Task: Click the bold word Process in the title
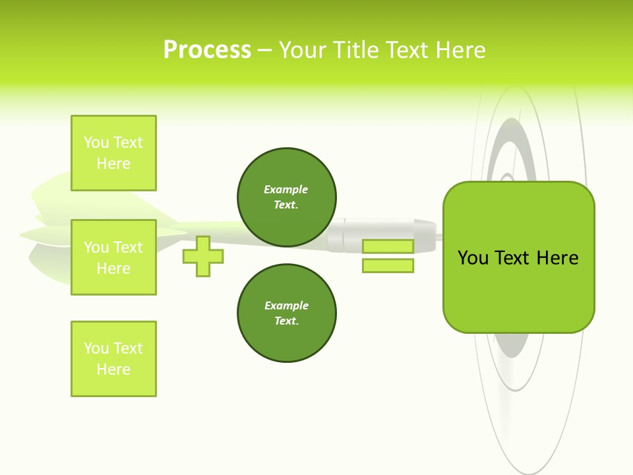point(207,50)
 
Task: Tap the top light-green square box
point(113,153)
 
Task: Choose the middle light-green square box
point(113,257)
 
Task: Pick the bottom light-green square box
point(113,359)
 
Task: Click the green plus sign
point(203,256)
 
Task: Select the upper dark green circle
point(287,197)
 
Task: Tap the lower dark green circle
point(287,313)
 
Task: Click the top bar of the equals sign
point(388,246)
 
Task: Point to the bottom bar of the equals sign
point(388,265)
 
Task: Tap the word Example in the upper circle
point(286,189)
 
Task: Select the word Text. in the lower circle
point(286,321)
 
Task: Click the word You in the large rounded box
point(473,258)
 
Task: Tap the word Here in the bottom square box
point(113,369)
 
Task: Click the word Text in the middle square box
point(128,247)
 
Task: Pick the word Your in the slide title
point(303,50)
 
